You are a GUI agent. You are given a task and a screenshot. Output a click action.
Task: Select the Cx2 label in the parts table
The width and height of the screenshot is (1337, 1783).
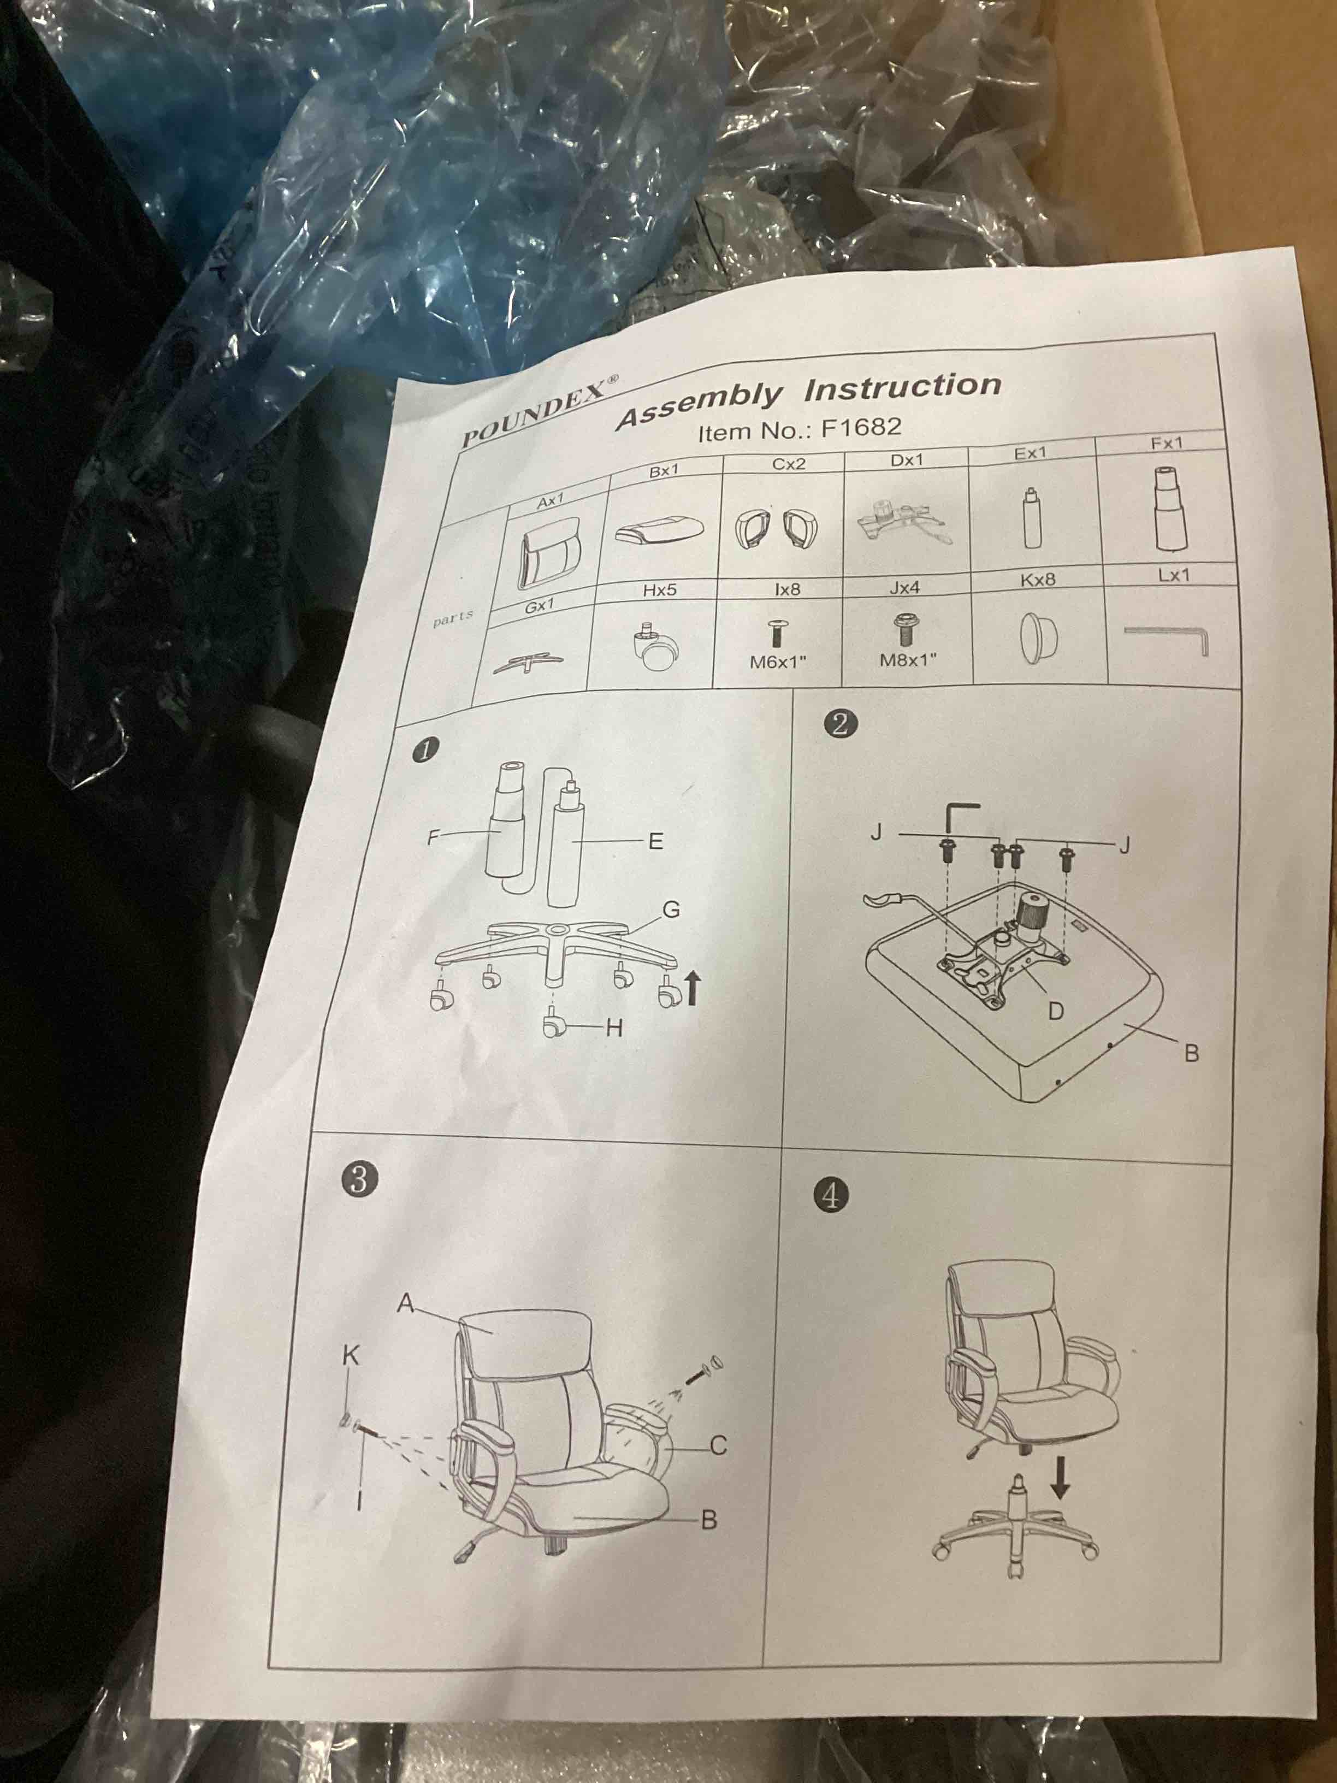pos(788,464)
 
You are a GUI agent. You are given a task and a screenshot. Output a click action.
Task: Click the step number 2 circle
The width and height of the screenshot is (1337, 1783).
pos(840,723)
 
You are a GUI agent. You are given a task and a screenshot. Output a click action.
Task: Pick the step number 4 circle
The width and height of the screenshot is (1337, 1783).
pos(831,1195)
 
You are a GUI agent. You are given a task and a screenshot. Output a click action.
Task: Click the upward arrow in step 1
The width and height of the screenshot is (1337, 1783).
pos(693,988)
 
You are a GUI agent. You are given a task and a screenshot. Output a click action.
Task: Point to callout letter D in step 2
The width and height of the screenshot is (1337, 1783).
pos(1055,1010)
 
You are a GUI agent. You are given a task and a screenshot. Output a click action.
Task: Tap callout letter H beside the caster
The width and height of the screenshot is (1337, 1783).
pos(614,1028)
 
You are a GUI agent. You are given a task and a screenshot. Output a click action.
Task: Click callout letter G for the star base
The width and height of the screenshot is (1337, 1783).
pos(671,909)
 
